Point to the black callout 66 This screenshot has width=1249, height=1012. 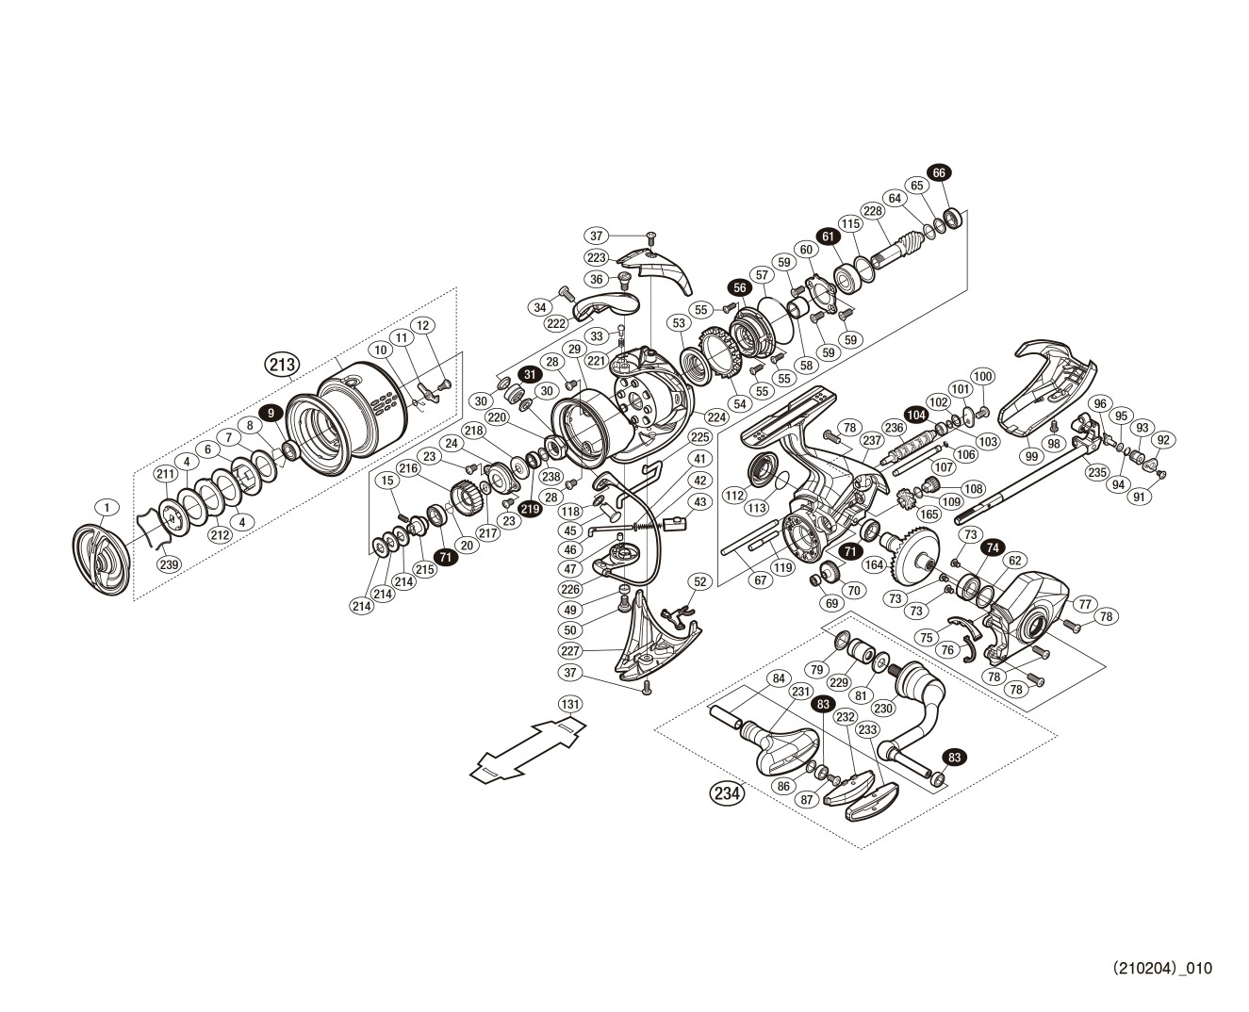pyautogui.click(x=939, y=172)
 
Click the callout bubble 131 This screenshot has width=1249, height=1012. pyautogui.click(x=570, y=704)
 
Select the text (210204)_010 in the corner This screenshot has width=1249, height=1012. pyautogui.click(x=1160, y=968)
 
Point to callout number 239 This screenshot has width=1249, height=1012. pyautogui.click(x=169, y=564)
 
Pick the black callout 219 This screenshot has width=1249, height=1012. pyautogui.click(x=529, y=509)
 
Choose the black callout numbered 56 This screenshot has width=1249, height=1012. pyautogui.click(x=738, y=287)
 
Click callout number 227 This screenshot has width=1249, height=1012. pyautogui.click(x=568, y=650)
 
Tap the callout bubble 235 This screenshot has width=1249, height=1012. pyautogui.click(x=1097, y=473)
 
